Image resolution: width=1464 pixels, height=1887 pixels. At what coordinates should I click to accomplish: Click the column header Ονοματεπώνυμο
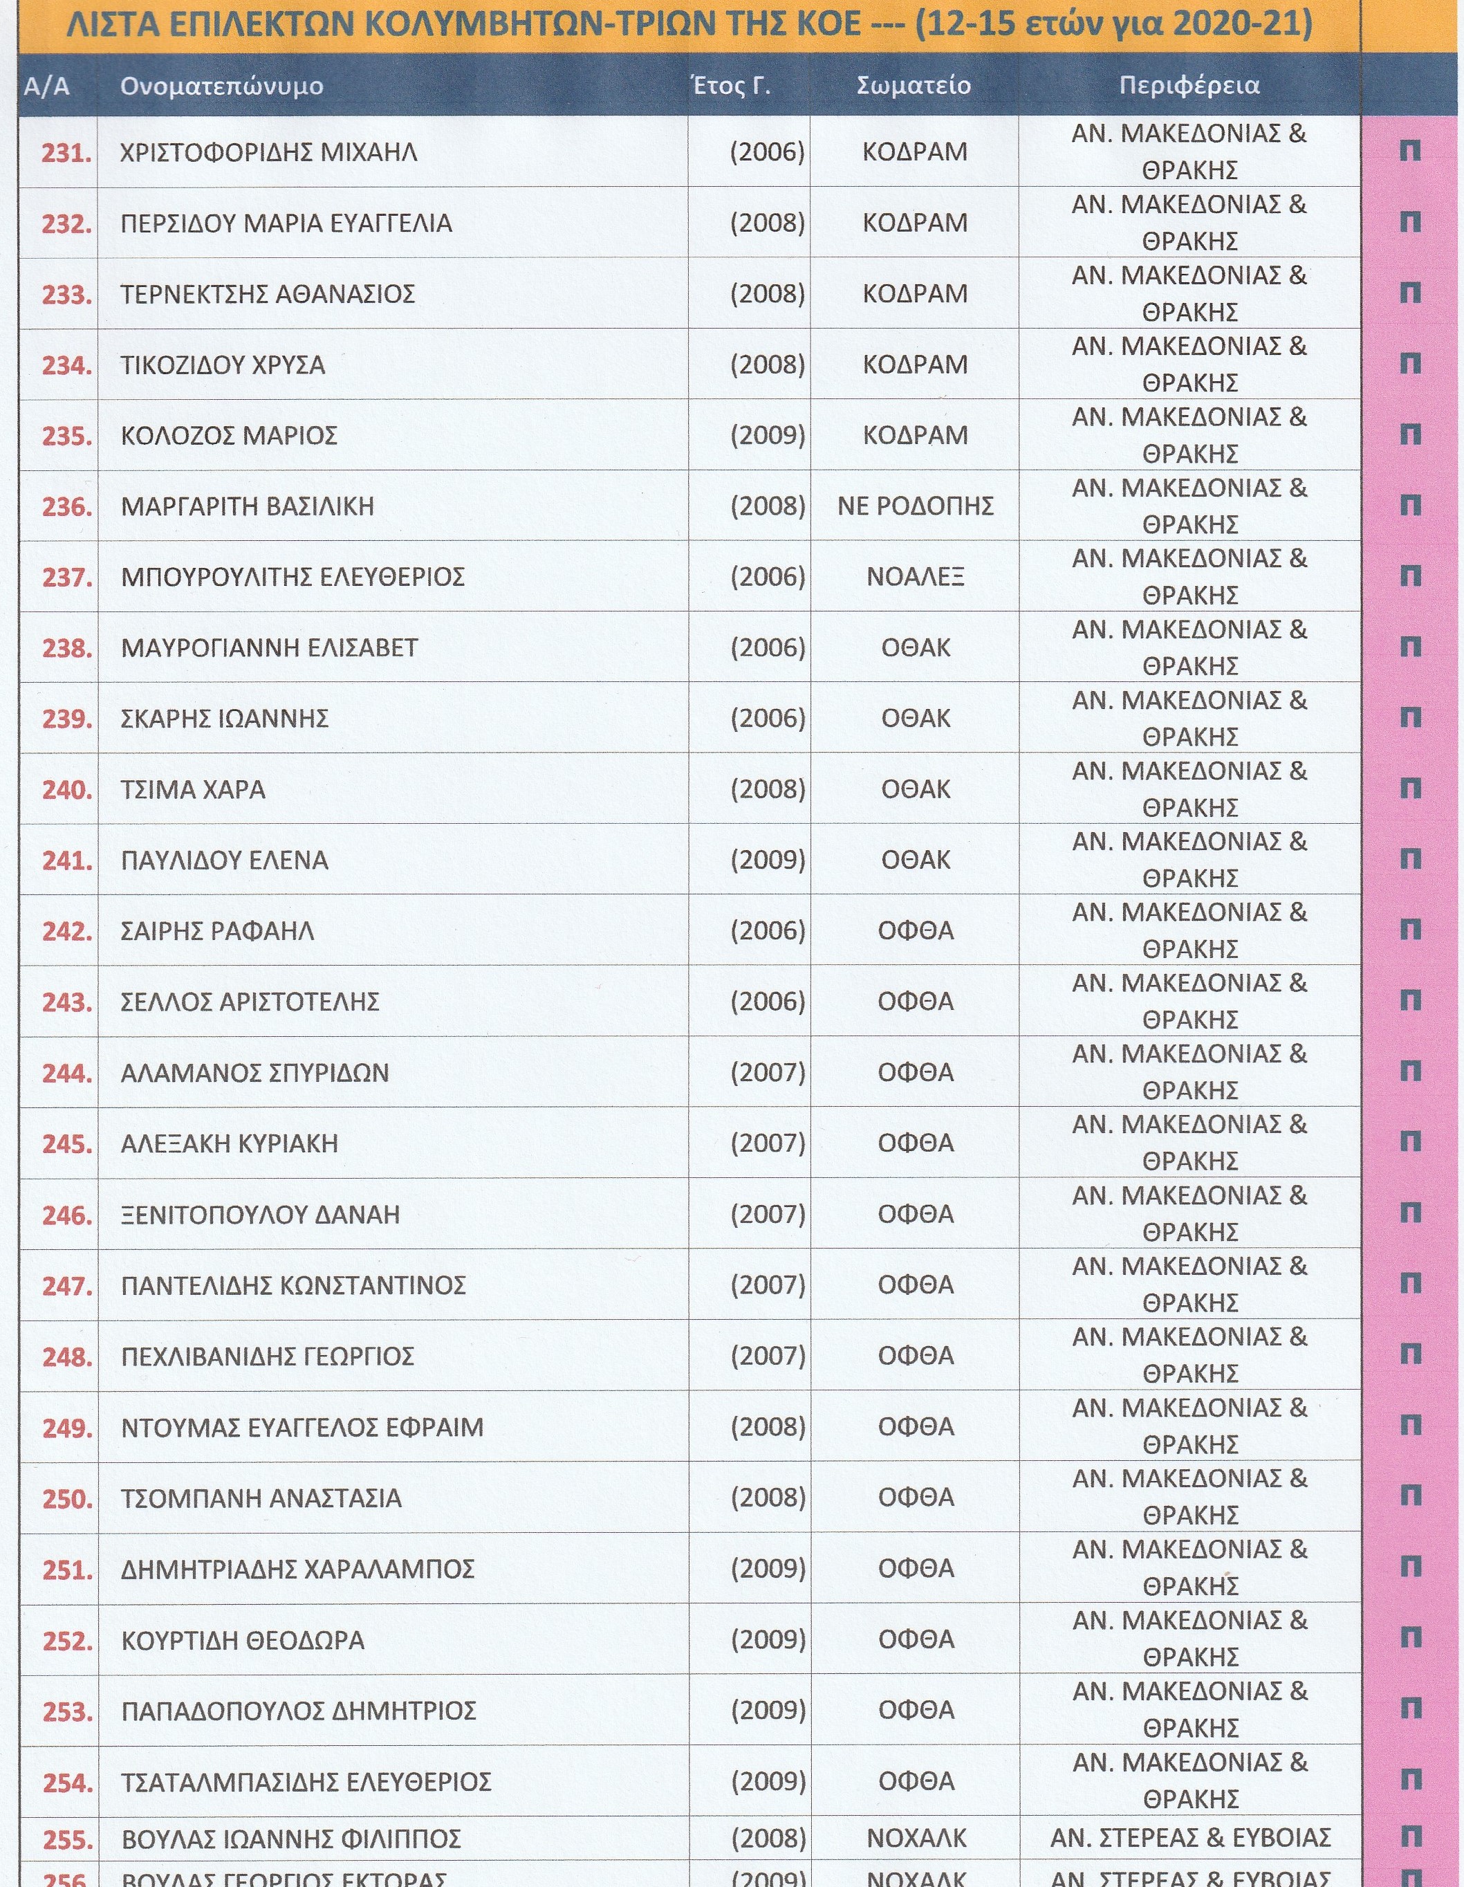click(x=222, y=86)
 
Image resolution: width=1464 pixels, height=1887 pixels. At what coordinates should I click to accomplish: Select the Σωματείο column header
click(x=914, y=86)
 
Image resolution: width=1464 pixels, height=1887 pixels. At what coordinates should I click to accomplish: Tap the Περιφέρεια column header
click(x=1189, y=86)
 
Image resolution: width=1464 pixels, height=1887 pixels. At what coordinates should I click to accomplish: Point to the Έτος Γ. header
click(x=731, y=86)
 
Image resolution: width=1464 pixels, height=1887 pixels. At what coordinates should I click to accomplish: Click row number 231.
click(x=66, y=153)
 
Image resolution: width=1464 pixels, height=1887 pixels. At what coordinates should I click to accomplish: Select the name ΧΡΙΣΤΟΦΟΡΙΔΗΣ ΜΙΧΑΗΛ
click(x=268, y=153)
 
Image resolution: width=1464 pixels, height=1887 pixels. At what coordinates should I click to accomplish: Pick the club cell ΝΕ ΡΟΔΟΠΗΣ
click(x=916, y=506)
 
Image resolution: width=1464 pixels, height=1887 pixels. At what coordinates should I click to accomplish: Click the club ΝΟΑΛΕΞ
click(x=916, y=576)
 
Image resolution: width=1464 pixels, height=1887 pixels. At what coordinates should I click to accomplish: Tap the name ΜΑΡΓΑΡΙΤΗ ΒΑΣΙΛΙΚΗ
click(x=248, y=506)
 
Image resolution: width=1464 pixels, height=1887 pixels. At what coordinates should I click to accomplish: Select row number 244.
click(x=66, y=1073)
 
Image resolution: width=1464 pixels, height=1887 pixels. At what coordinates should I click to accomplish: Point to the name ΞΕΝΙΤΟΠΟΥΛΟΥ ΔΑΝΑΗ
click(x=261, y=1215)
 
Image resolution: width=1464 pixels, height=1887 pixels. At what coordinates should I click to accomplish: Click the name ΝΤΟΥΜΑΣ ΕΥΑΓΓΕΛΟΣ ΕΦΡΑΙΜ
click(x=302, y=1427)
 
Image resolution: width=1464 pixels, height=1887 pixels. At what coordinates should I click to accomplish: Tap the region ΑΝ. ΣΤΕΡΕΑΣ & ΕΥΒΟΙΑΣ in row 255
click(x=1190, y=1837)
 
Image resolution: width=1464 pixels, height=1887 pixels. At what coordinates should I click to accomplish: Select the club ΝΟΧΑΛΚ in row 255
click(x=916, y=1838)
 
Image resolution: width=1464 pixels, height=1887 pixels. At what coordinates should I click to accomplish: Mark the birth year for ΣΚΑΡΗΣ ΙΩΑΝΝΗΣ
click(x=768, y=718)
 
